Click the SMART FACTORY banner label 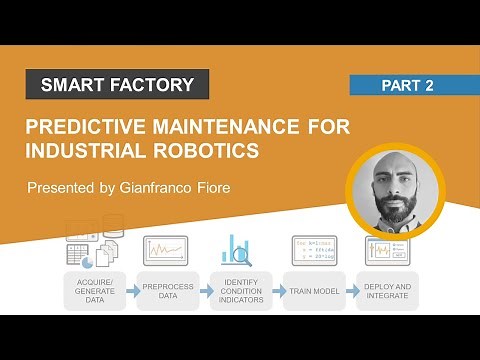[117, 85]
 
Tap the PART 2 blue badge [407, 86]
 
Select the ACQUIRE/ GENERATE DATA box [94, 289]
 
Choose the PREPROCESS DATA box [166, 289]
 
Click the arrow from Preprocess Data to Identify [203, 290]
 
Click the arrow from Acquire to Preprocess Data [130, 290]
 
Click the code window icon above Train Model [312, 250]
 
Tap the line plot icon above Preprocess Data [166, 250]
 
